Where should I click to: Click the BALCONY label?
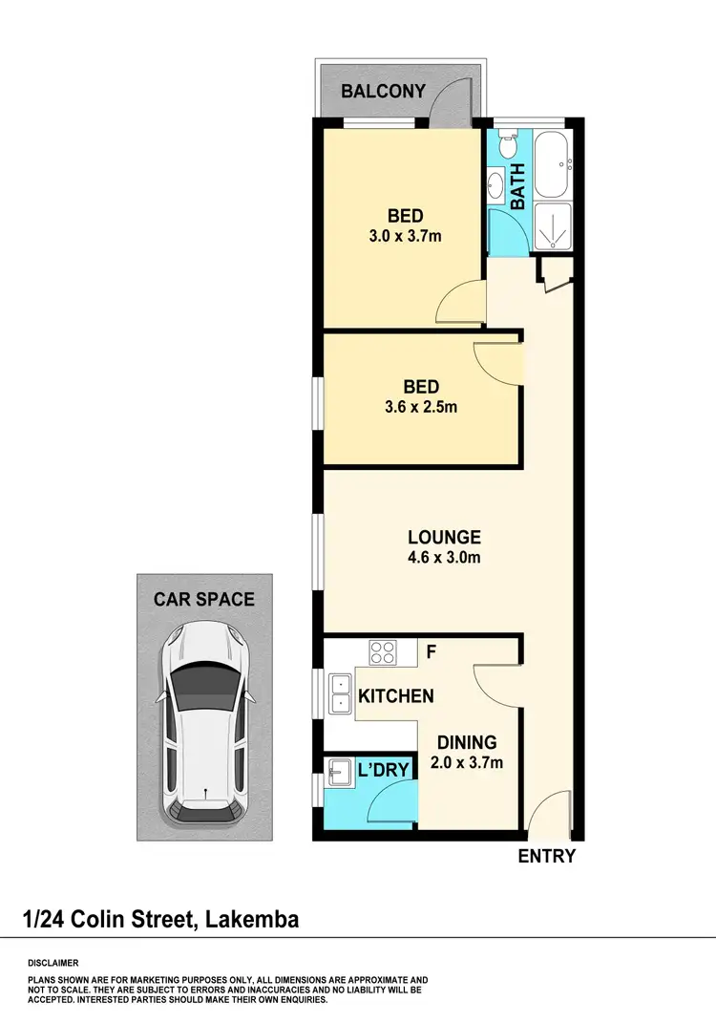[384, 92]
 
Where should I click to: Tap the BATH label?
[518, 186]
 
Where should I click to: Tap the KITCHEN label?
[395, 696]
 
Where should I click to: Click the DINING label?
[467, 742]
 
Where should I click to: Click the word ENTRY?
[546, 856]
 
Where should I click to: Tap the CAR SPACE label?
[204, 600]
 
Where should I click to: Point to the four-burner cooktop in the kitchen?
[384, 653]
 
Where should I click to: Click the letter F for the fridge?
[431, 653]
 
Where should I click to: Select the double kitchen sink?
[337, 693]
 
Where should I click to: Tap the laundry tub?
[337, 771]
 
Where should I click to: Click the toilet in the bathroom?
[508, 148]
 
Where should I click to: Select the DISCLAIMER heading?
[53, 963]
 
